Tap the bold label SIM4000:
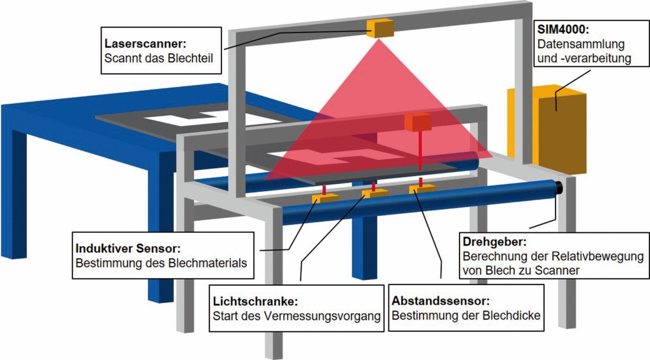click(x=564, y=29)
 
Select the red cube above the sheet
click(x=418, y=122)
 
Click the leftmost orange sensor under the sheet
click(x=325, y=197)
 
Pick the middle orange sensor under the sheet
click(x=375, y=192)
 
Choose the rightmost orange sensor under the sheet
click(x=423, y=188)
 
